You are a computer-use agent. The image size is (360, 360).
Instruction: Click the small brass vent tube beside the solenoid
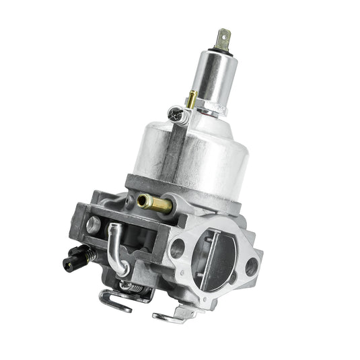coord(192,100)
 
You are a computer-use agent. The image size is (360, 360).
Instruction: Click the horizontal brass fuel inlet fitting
coord(153,202)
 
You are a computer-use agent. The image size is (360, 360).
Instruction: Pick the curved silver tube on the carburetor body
coord(118,246)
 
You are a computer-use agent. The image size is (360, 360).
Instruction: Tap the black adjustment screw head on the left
coord(74,254)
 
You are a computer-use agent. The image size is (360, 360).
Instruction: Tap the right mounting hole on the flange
coord(251,267)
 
